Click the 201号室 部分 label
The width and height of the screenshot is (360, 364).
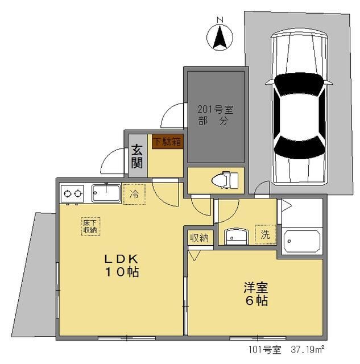[x=215, y=114]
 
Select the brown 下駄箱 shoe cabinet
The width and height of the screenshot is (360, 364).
[x=167, y=142]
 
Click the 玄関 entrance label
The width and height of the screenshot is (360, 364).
[x=137, y=155]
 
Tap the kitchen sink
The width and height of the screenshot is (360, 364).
[x=106, y=193]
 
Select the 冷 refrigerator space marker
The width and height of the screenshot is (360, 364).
[x=134, y=193]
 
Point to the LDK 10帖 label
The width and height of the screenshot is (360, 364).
[x=121, y=265]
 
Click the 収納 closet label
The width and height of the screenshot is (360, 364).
[x=199, y=237]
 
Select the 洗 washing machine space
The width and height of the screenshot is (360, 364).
[x=265, y=233]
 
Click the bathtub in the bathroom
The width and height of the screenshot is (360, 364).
[x=302, y=242]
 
